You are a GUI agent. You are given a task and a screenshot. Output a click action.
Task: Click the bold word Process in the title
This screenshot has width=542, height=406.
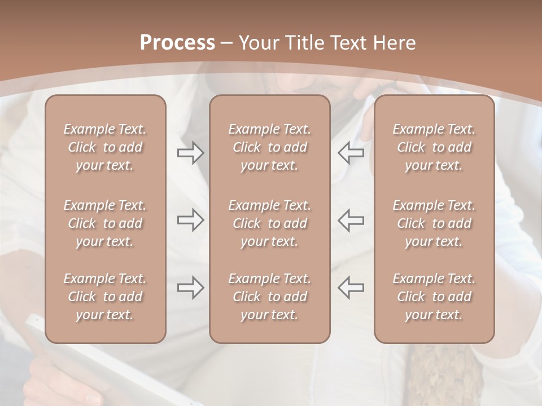click(x=177, y=43)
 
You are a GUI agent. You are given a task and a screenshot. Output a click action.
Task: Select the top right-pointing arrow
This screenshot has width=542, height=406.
click(x=190, y=153)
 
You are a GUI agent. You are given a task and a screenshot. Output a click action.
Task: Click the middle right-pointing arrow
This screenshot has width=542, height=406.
click(x=190, y=220)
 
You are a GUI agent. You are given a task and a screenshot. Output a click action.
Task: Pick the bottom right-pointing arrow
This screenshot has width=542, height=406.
click(x=190, y=288)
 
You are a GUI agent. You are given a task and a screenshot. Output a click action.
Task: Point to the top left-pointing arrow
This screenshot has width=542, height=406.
click(x=351, y=153)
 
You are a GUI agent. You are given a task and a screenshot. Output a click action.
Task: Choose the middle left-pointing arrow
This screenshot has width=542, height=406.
click(x=351, y=220)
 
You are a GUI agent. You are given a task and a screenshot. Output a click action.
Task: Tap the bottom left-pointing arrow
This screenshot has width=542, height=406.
click(x=351, y=288)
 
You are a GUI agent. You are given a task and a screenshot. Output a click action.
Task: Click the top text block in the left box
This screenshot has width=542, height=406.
click(x=105, y=147)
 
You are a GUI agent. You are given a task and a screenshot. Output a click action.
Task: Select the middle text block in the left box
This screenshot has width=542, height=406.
click(x=105, y=223)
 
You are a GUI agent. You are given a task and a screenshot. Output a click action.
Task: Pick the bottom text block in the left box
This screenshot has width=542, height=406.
click(x=105, y=297)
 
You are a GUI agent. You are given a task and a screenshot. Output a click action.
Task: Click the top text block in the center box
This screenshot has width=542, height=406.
click(x=270, y=147)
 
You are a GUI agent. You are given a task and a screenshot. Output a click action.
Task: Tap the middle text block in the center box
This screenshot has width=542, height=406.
click(x=270, y=223)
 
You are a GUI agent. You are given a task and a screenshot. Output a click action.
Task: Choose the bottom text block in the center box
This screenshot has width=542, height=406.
click(x=270, y=297)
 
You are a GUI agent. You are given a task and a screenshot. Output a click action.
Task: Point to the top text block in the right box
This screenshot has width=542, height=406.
click(x=434, y=147)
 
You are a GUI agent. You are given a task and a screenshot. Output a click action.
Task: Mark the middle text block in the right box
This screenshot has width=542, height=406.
click(x=434, y=223)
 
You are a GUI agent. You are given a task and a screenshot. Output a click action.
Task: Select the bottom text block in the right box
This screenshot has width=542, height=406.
click(x=434, y=297)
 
